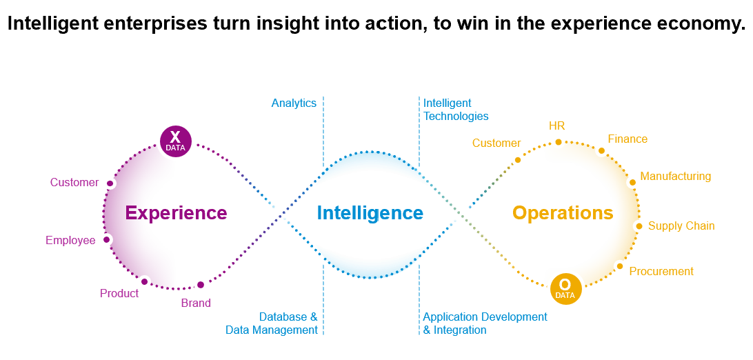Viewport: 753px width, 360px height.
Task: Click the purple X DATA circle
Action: (175, 141)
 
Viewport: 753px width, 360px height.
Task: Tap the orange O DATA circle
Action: (565, 289)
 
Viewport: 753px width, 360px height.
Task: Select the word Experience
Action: (176, 212)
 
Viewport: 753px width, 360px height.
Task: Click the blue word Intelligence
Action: (370, 212)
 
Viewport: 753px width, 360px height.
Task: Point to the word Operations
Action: (563, 212)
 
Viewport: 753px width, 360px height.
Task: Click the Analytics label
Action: (294, 103)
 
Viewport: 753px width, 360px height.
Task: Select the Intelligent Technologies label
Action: (456, 110)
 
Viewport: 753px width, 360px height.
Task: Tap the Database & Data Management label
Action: (271, 323)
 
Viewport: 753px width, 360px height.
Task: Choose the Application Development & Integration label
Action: (485, 323)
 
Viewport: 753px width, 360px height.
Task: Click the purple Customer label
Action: (74, 182)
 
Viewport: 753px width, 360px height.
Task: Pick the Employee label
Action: (70, 241)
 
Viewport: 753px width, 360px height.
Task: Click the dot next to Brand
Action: (201, 285)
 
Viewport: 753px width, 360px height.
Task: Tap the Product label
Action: (119, 293)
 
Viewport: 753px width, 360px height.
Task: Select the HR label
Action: (557, 126)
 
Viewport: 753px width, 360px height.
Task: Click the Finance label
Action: (627, 139)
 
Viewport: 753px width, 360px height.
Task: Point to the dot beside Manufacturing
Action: (632, 182)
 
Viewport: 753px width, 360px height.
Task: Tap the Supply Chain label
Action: (681, 226)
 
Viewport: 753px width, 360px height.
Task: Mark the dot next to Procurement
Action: (620, 266)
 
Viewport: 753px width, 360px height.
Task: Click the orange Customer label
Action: (496, 143)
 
